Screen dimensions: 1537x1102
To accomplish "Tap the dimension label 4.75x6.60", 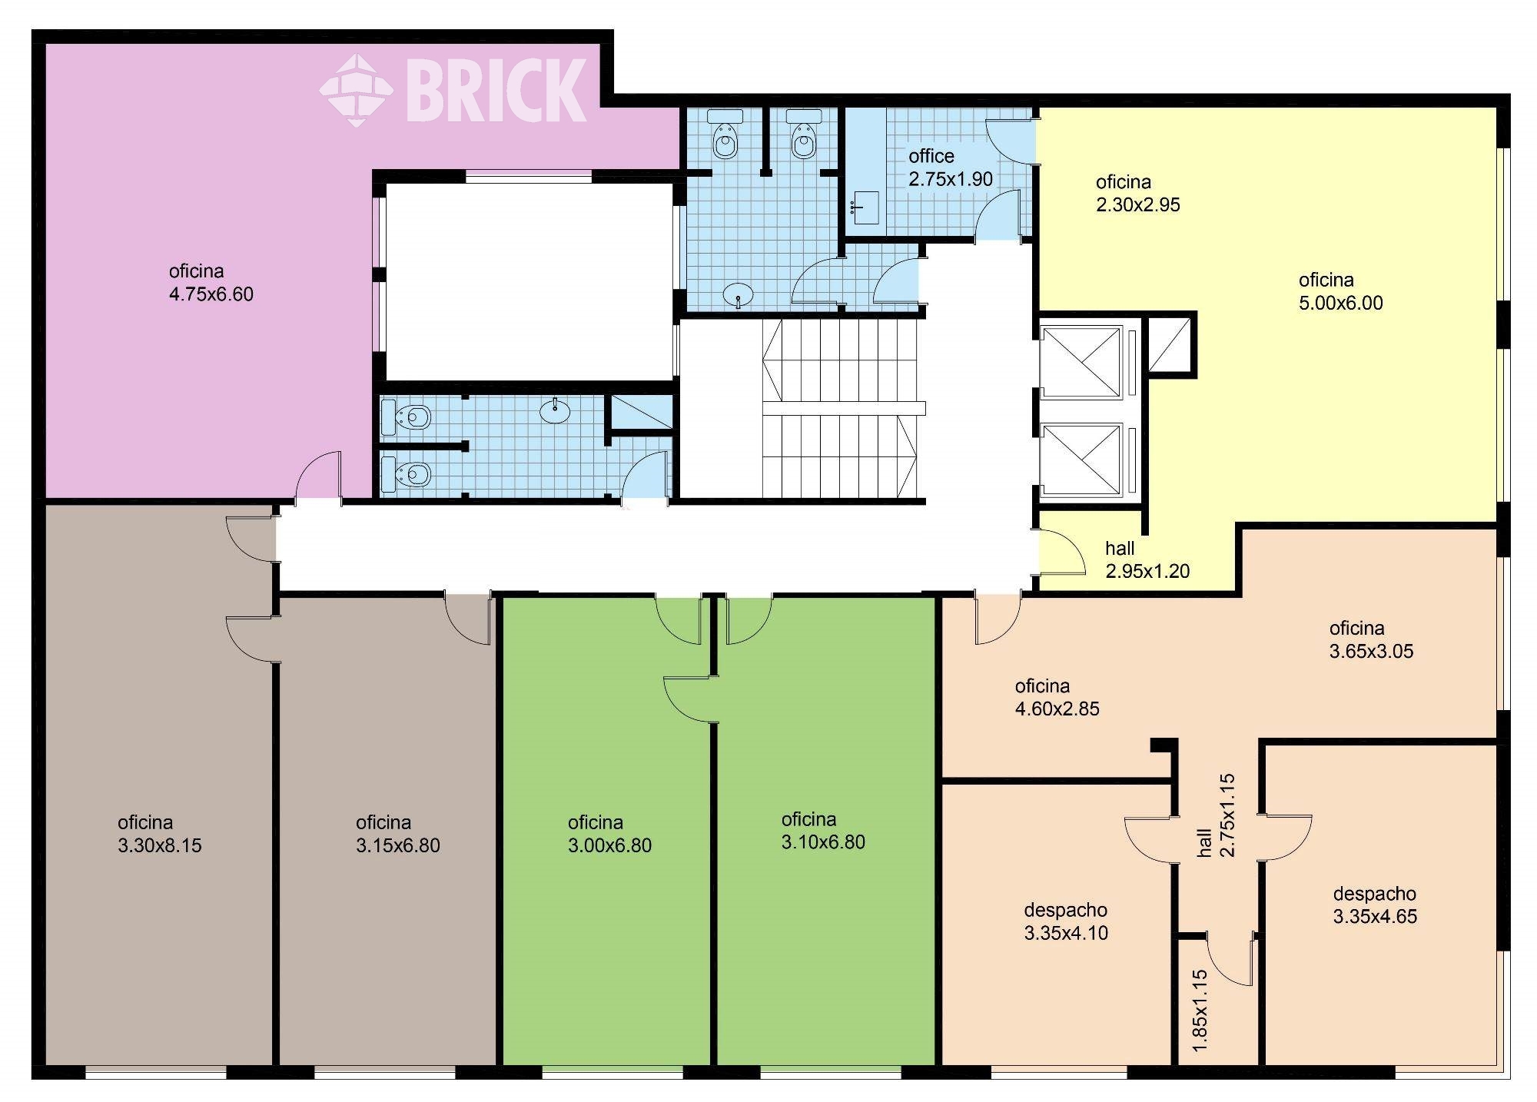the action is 211,294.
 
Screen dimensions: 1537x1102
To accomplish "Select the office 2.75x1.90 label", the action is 951,168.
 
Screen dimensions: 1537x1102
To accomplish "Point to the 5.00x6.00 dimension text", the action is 1341,303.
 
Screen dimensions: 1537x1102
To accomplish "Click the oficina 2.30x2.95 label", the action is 1138,194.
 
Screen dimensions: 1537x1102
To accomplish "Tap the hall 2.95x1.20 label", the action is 1147,560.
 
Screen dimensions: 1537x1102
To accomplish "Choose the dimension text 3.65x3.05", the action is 1372,651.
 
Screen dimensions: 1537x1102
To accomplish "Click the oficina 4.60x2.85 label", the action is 1057,698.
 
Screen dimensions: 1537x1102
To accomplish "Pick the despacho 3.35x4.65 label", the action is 1375,905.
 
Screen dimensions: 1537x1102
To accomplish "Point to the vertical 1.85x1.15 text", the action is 1200,1011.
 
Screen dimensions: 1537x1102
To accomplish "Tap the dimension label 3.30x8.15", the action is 160,845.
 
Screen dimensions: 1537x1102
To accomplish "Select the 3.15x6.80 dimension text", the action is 398,845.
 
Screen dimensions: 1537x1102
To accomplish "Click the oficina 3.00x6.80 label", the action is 609,835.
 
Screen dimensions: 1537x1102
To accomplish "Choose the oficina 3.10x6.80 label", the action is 823,831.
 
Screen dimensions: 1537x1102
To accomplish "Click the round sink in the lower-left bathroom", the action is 555,411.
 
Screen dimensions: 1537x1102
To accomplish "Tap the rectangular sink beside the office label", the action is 866,207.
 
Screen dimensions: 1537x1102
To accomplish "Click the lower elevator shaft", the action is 1080,459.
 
